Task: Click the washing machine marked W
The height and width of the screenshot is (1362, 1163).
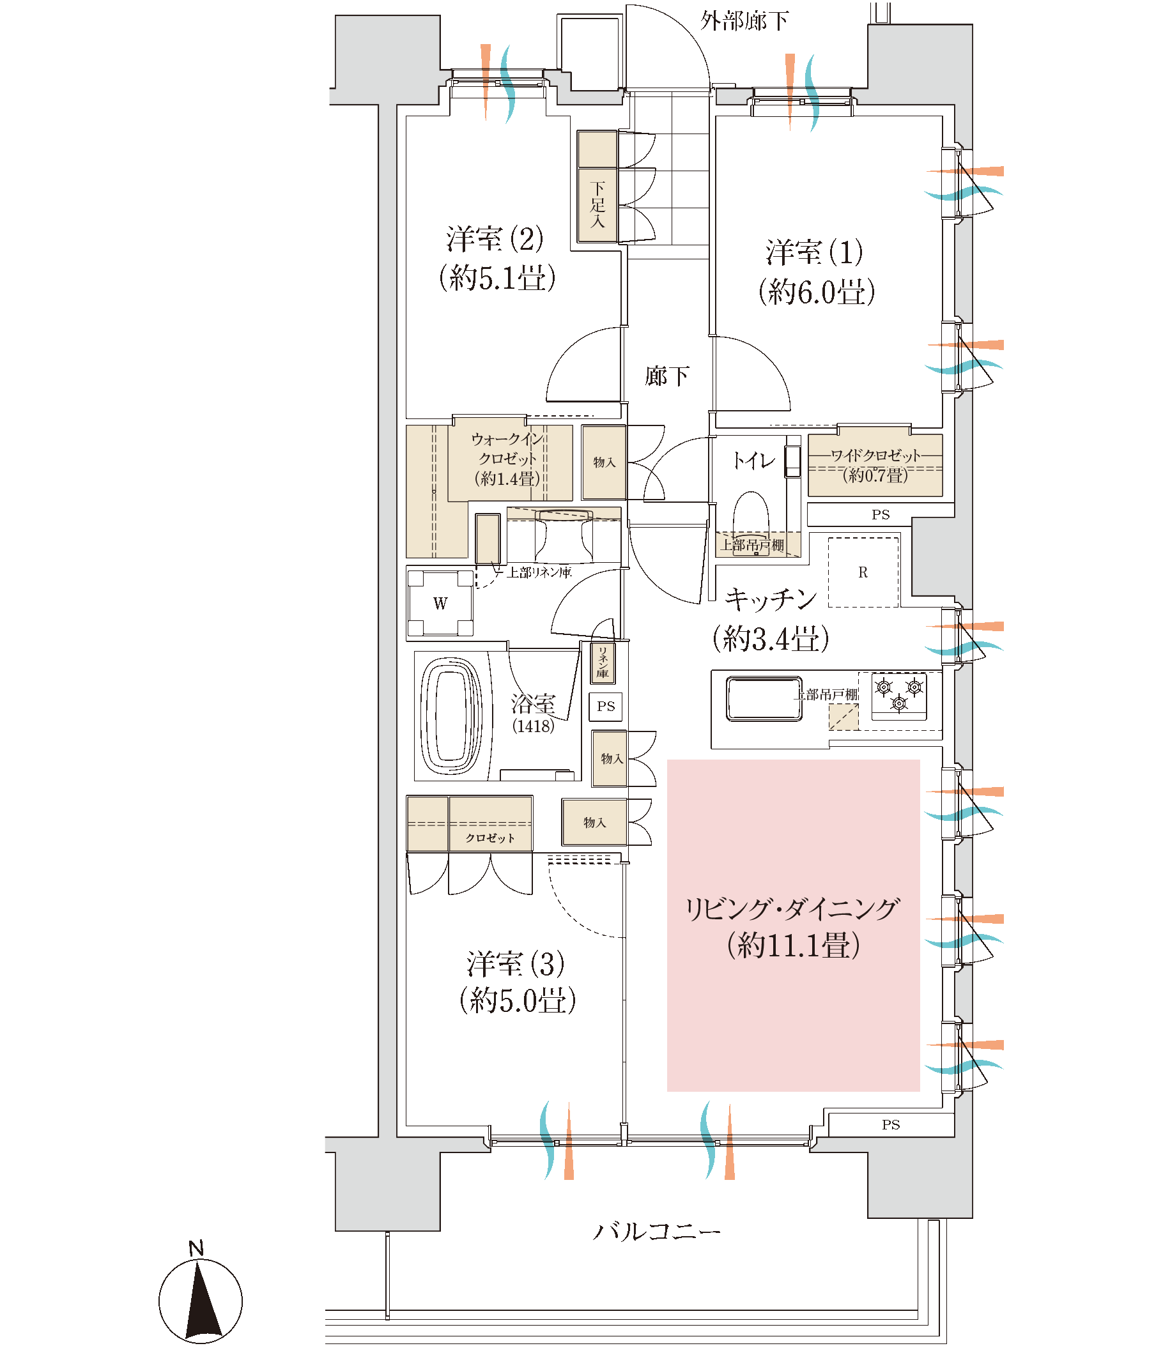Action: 440,603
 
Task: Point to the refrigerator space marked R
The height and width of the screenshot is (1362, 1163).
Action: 863,572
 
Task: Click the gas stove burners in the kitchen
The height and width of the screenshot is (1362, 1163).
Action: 898,696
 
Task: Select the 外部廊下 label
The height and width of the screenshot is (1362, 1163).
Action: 744,21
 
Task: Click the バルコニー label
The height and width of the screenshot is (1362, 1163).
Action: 657,1230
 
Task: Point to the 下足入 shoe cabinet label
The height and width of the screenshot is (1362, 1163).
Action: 597,204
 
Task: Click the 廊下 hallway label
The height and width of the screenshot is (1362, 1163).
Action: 666,376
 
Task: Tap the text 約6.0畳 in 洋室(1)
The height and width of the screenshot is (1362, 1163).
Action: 817,292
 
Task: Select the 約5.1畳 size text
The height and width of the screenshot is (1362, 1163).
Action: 498,277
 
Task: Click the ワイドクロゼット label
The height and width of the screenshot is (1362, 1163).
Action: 875,455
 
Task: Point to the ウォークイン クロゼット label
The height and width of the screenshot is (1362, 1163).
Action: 507,448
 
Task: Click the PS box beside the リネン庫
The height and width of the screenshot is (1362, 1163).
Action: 606,707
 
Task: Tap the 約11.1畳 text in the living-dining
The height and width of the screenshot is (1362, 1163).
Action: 794,945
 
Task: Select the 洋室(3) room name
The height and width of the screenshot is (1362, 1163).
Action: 516,963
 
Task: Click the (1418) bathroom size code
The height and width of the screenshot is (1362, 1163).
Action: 533,726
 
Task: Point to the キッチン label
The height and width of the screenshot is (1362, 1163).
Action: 771,599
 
